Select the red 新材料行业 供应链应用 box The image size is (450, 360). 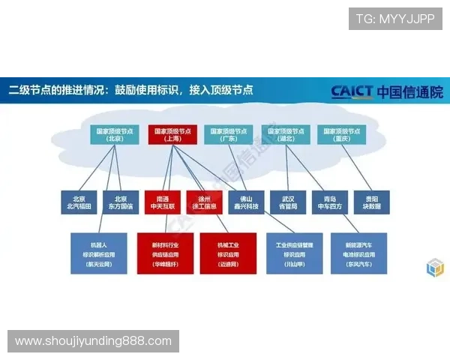164,253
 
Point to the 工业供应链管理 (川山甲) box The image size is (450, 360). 294,253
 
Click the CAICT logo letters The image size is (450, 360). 352,92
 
